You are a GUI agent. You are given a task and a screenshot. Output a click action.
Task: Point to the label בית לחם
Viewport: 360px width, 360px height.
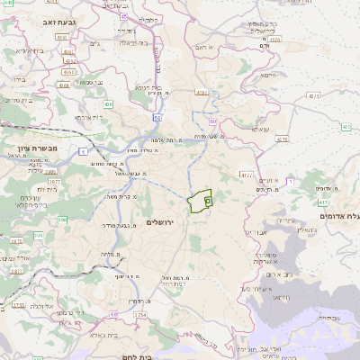point(147,355)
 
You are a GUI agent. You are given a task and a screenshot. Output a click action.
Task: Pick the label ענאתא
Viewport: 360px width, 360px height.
point(259,130)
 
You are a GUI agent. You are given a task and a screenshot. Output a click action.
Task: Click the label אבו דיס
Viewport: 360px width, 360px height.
point(256,232)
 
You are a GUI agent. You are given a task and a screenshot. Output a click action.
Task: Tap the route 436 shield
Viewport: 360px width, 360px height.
point(108,105)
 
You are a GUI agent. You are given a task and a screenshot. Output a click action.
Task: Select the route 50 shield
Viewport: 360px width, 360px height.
point(157,116)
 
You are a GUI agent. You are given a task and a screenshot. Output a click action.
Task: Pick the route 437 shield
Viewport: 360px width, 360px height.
point(282,139)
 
